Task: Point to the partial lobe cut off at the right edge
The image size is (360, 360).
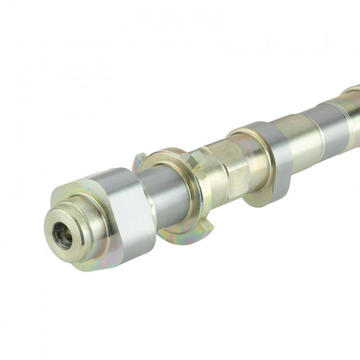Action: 352,91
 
